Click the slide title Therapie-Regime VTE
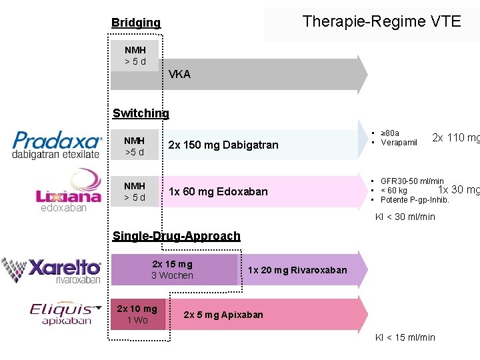[x=381, y=21]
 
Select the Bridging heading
[x=136, y=23]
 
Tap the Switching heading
[x=141, y=113]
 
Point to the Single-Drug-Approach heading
[x=176, y=235]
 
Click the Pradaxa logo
[x=57, y=144]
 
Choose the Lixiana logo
[x=68, y=187]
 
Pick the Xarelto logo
[x=52, y=271]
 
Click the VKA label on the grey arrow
[x=179, y=74]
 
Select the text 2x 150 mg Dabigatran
[x=223, y=145]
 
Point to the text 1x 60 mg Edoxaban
[x=218, y=191]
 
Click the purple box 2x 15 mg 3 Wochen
[x=172, y=269]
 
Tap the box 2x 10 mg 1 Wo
[x=137, y=314]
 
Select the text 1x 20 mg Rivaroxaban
[x=297, y=270]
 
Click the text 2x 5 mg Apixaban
[x=223, y=315]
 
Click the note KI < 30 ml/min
[x=405, y=217]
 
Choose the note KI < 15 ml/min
[x=405, y=337]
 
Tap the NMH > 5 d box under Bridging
[x=135, y=56]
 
